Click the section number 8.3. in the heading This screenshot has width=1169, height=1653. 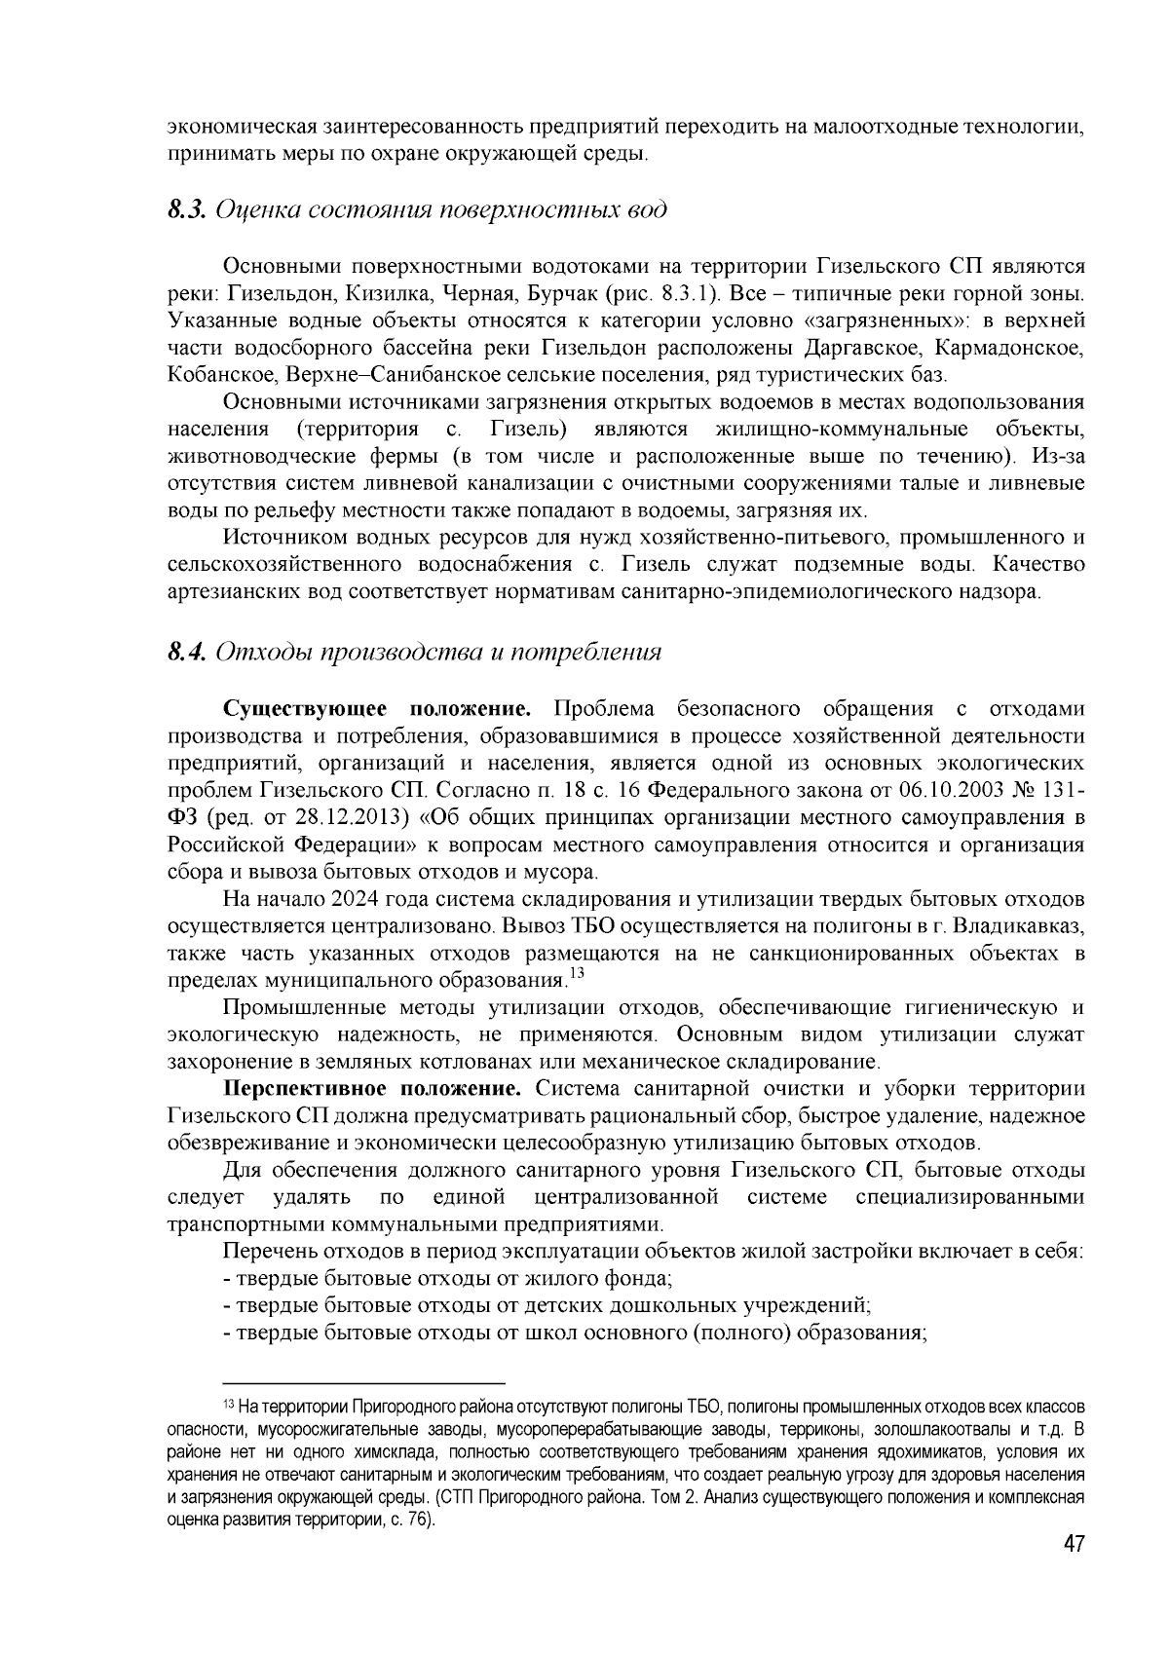click(186, 210)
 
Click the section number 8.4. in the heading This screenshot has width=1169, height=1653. click(186, 652)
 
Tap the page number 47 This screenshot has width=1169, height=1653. click(1074, 1546)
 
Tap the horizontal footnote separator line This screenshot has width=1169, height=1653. click(364, 1383)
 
